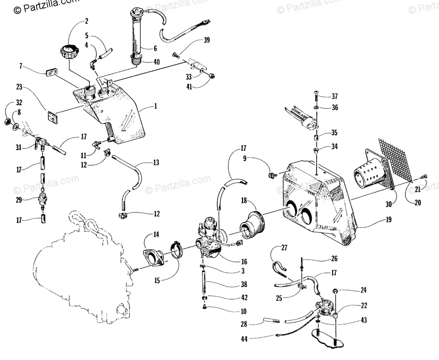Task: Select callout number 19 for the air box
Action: pos(388,220)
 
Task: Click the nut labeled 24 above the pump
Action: pos(335,292)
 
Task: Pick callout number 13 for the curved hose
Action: pos(156,162)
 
